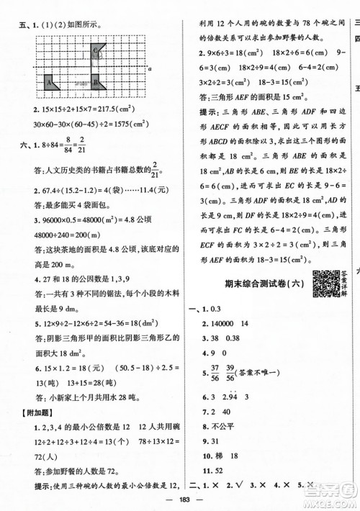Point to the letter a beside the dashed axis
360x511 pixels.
tap(147, 69)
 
